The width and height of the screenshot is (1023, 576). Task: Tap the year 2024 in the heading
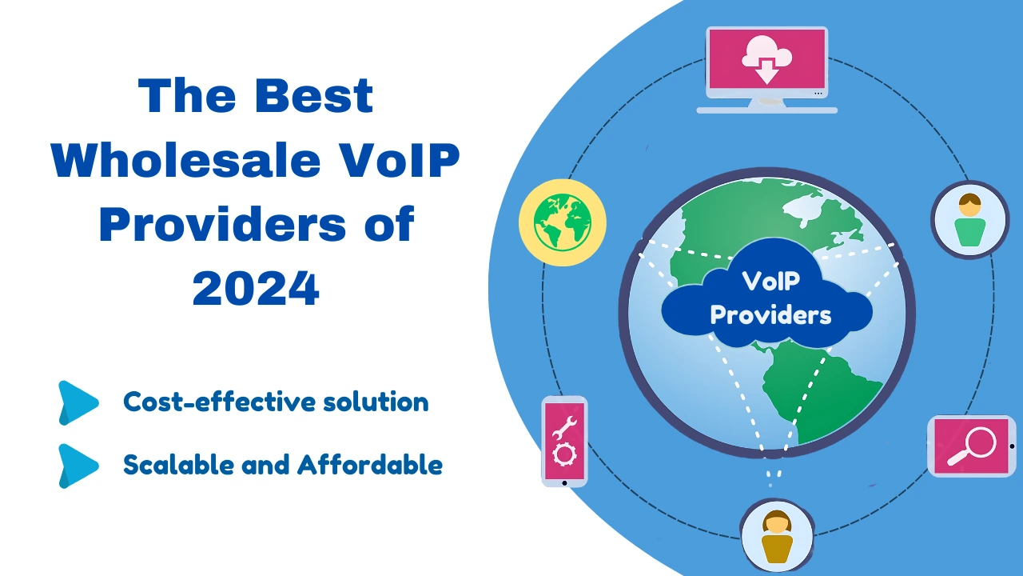[256, 290]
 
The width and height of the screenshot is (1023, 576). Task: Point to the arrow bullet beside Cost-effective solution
[78, 402]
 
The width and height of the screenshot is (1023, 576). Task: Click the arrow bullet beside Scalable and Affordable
[78, 465]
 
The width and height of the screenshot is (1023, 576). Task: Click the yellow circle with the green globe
[563, 222]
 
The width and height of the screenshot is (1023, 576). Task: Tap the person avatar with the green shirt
[969, 220]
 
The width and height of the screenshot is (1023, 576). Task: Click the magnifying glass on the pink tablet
[971, 446]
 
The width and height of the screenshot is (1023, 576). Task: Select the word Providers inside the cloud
[770, 314]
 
